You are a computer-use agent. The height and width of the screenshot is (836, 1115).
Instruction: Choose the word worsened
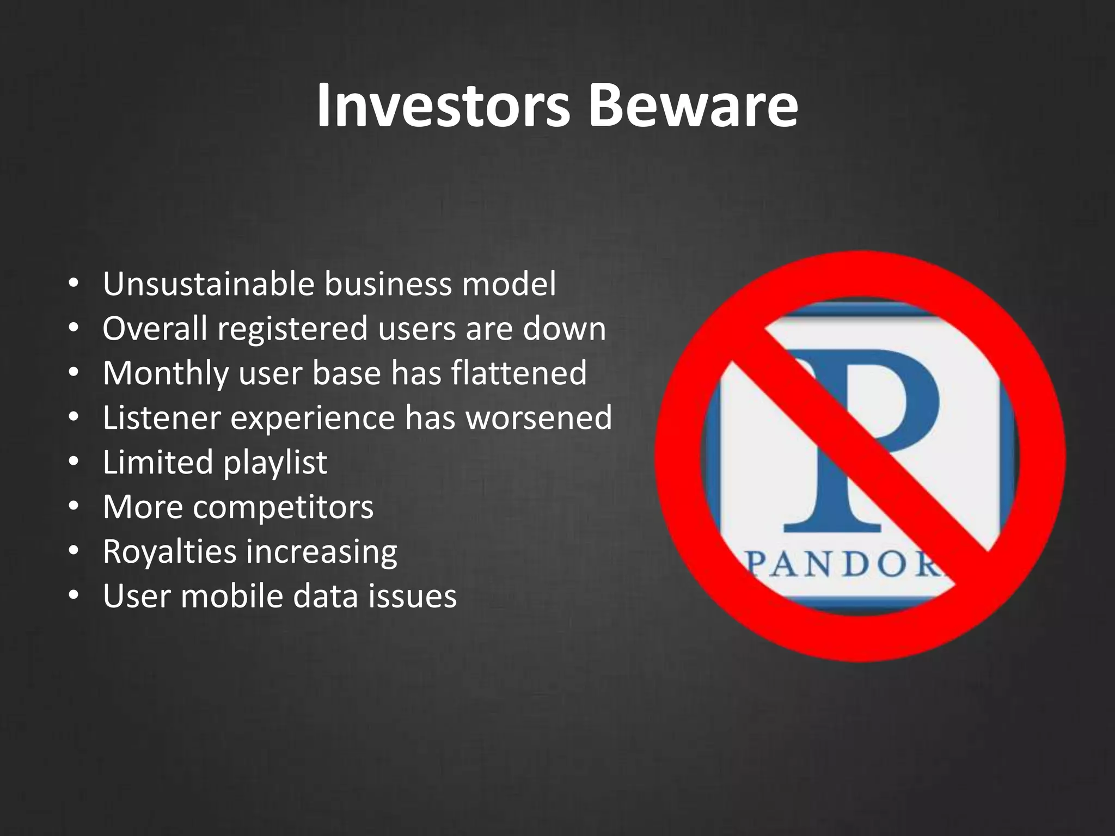[x=539, y=418]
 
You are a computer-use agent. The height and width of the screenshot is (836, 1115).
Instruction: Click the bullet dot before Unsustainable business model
[x=74, y=285]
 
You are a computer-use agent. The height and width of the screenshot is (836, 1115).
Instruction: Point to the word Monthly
[x=166, y=374]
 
